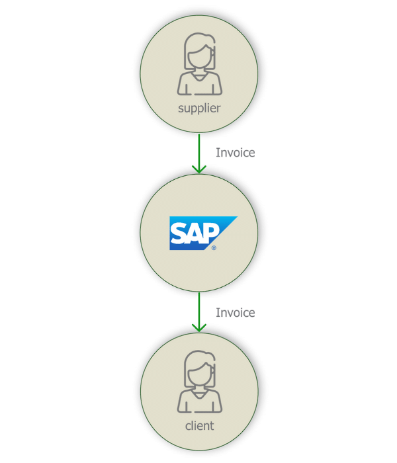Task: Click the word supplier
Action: (x=198, y=108)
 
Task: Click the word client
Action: (x=198, y=425)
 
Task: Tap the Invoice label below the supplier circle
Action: (x=236, y=153)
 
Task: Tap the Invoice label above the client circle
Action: (x=236, y=312)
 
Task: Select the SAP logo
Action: (x=198, y=233)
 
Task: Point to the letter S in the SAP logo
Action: (x=180, y=233)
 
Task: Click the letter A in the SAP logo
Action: (x=196, y=233)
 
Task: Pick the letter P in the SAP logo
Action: (x=212, y=233)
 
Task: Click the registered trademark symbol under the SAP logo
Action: (x=214, y=247)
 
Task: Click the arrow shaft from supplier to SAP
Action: (x=198, y=149)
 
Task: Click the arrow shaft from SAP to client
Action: (x=198, y=308)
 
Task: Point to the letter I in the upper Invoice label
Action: (x=218, y=153)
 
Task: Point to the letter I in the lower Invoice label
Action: (x=218, y=312)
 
